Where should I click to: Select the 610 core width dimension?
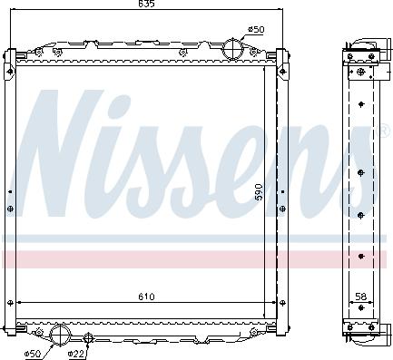pos(147,296)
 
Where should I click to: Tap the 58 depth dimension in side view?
pos(361,296)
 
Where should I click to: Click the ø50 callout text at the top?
pos(257,30)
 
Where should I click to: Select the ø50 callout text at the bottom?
pos(32,353)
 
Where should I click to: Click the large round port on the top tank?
pos(234,46)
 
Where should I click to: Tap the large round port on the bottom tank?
pos(60,334)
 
